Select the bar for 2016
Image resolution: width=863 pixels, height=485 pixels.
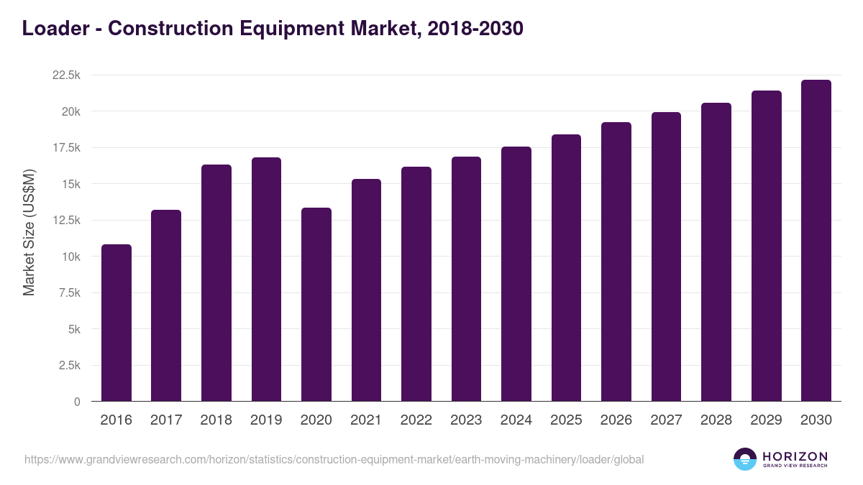117,323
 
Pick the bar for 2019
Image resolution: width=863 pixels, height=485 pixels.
266,280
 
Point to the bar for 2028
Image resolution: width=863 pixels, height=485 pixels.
716,252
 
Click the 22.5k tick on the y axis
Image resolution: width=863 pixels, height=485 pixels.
66,75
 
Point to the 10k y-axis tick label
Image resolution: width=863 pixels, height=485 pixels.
70,257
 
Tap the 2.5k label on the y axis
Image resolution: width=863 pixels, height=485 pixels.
69,365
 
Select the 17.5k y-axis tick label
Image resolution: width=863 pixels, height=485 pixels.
66,148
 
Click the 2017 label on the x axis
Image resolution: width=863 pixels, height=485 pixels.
166,420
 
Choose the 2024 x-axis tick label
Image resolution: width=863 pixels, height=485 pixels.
516,420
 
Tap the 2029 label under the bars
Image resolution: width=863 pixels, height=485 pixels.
766,420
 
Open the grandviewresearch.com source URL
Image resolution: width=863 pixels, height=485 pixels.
334,459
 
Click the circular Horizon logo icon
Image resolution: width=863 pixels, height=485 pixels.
745,459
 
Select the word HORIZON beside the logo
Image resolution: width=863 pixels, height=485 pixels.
795,456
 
